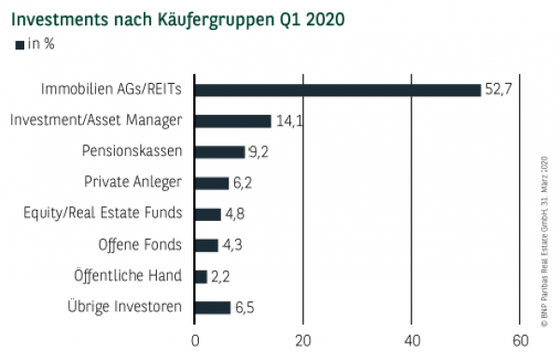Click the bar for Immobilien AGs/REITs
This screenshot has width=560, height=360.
[338, 90]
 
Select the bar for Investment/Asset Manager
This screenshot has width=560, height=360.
[233, 120]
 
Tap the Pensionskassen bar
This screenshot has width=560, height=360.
[220, 151]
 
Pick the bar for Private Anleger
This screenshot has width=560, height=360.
[212, 183]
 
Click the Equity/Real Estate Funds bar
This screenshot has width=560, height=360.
[208, 214]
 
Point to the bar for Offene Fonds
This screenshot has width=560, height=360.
[206, 245]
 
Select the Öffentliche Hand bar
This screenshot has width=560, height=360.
[201, 276]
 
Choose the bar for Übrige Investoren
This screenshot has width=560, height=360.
[213, 307]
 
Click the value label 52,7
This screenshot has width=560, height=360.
[497, 90]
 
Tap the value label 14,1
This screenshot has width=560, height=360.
[287, 120]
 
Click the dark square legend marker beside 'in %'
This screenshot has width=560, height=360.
[21, 45]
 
